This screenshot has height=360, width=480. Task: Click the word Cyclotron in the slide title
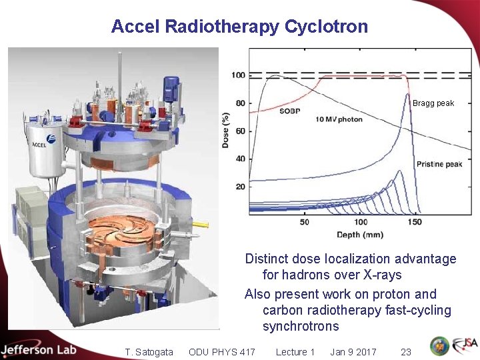pyautogui.click(x=326, y=27)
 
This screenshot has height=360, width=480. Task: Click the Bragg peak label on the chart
pyautogui.click(x=433, y=103)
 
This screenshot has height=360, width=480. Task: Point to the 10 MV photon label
pyautogui.click(x=339, y=119)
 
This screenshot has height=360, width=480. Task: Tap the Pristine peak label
pyautogui.click(x=439, y=164)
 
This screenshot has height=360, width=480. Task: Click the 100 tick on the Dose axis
pyautogui.click(x=238, y=75)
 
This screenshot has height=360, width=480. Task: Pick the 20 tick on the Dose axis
pyautogui.click(x=240, y=187)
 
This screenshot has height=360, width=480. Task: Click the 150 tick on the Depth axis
pyautogui.click(x=414, y=222)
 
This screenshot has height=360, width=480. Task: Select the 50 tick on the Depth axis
pyautogui.click(x=305, y=222)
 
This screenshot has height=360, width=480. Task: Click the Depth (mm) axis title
pyautogui.click(x=360, y=235)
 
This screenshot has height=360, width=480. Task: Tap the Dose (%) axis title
pyautogui.click(x=227, y=130)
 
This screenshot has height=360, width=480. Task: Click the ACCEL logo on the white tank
pyautogui.click(x=43, y=143)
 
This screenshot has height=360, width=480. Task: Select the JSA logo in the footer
pyautogui.click(x=465, y=346)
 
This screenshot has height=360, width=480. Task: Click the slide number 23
pyautogui.click(x=405, y=352)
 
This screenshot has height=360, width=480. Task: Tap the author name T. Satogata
pyautogui.click(x=149, y=352)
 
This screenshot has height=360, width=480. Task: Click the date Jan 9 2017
pyautogui.click(x=353, y=352)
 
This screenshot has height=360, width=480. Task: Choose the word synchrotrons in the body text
pyautogui.click(x=301, y=327)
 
